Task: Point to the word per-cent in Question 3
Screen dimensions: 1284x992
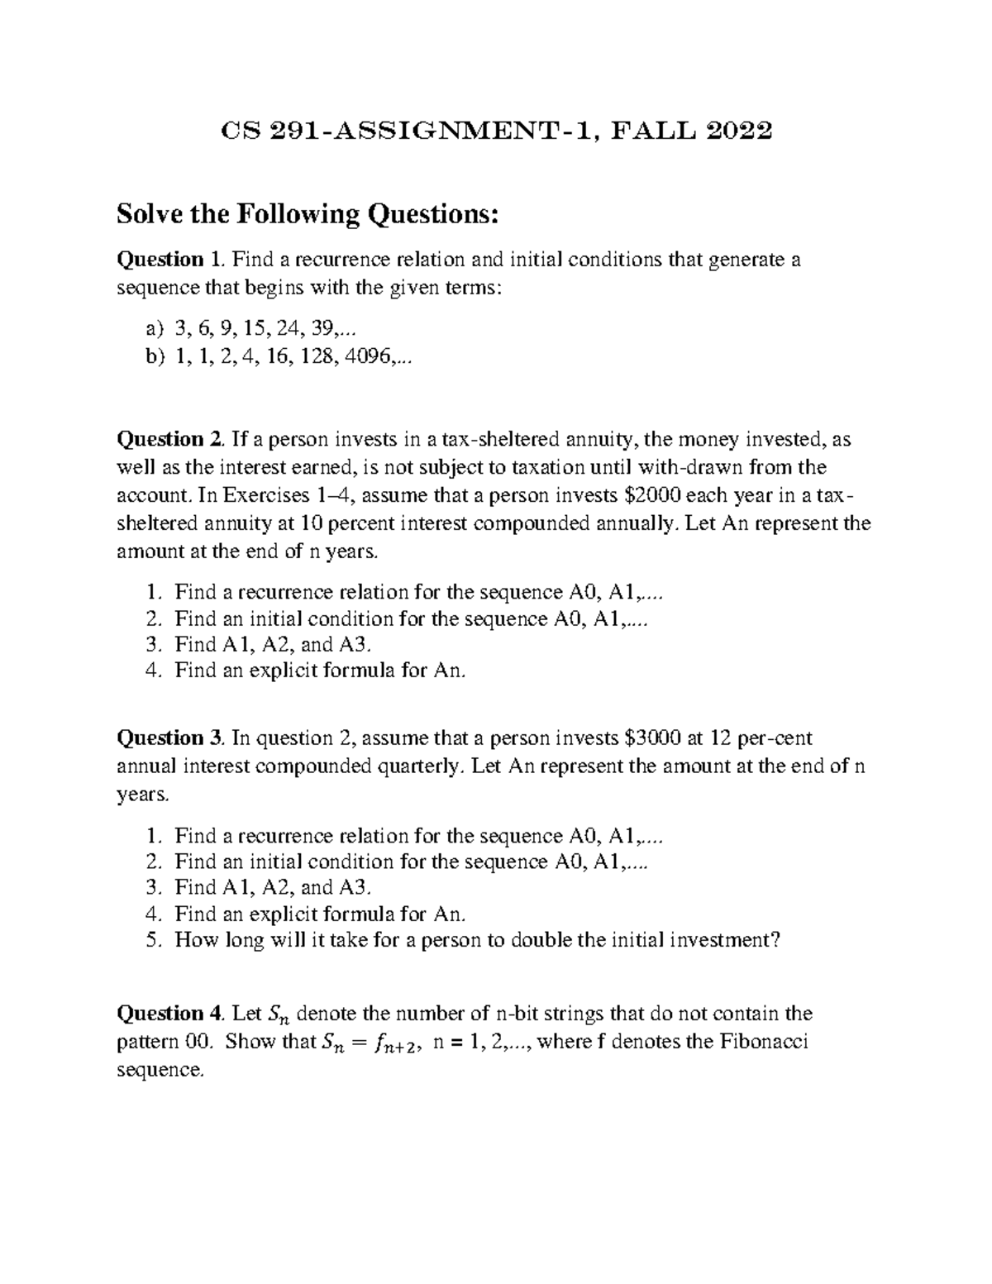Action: click(773, 737)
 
